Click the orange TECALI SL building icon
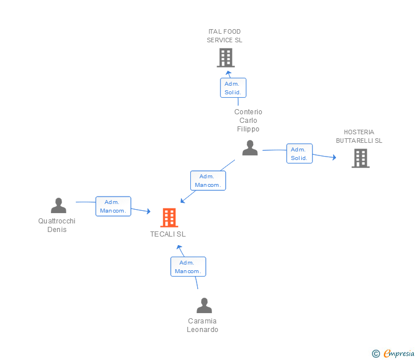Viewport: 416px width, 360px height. pos(169,218)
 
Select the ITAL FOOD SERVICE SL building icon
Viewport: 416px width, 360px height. pos(226,58)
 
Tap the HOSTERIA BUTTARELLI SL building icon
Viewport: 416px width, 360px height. pos(361,158)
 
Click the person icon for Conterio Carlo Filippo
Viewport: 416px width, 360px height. pos(250,148)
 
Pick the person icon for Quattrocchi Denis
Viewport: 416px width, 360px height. pos(58,206)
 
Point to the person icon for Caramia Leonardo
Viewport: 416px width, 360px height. pos(204,306)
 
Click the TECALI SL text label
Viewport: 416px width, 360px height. pos(168,234)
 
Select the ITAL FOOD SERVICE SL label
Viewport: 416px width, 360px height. pos(225,36)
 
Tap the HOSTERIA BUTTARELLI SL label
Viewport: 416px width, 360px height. pos(359,137)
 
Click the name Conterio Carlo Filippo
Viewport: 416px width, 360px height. pos(248,121)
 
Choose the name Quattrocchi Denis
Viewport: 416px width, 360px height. pos(57,225)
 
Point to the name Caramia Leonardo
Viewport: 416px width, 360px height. pos(202,325)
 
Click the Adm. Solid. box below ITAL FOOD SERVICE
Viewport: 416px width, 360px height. pos(233,88)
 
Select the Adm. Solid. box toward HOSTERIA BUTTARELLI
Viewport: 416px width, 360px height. pos(299,154)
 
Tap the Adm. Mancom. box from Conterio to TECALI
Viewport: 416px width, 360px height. pos(208,181)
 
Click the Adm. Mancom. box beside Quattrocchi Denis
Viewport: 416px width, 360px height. pos(114,206)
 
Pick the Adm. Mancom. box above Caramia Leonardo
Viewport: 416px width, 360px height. pos(188,267)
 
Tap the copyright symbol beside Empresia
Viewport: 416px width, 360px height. pos(376,354)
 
